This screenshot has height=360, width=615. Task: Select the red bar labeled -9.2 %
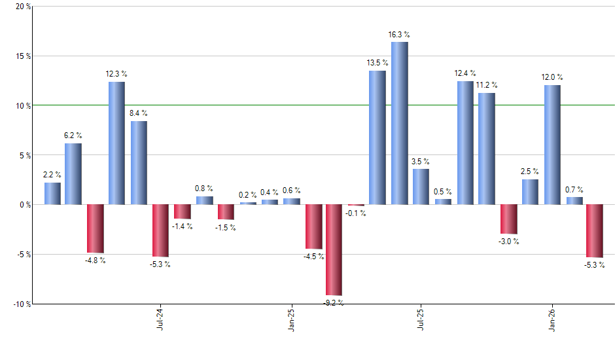(x=334, y=250)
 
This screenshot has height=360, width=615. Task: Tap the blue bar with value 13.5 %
(x=378, y=137)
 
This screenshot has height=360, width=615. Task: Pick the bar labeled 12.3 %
(x=116, y=143)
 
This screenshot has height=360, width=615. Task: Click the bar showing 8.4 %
(x=139, y=162)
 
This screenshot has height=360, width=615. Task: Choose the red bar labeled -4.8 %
(x=96, y=228)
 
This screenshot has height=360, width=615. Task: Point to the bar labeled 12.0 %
(x=552, y=145)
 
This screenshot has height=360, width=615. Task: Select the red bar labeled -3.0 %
(x=509, y=219)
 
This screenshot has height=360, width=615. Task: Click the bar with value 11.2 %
(x=487, y=149)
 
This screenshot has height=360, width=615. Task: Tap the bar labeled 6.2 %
(x=73, y=173)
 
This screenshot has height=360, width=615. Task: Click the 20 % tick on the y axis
(x=23, y=7)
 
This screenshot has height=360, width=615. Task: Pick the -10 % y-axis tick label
(x=21, y=304)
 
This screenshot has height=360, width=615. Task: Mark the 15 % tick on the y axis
(x=23, y=56)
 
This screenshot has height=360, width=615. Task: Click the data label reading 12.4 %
(x=465, y=73)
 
